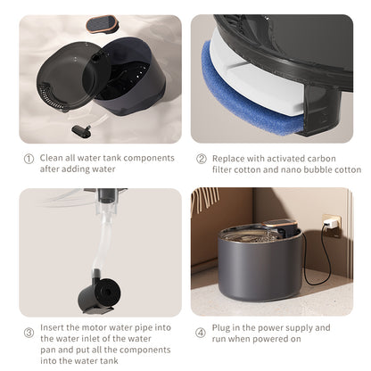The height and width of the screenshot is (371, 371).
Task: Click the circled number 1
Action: pos(29,158)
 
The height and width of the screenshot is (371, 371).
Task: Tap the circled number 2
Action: pos(202,158)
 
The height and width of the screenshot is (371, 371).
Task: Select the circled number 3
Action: pos(29,333)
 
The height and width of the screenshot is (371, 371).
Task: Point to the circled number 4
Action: pos(202,327)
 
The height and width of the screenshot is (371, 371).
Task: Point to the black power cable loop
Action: pos(321,268)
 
